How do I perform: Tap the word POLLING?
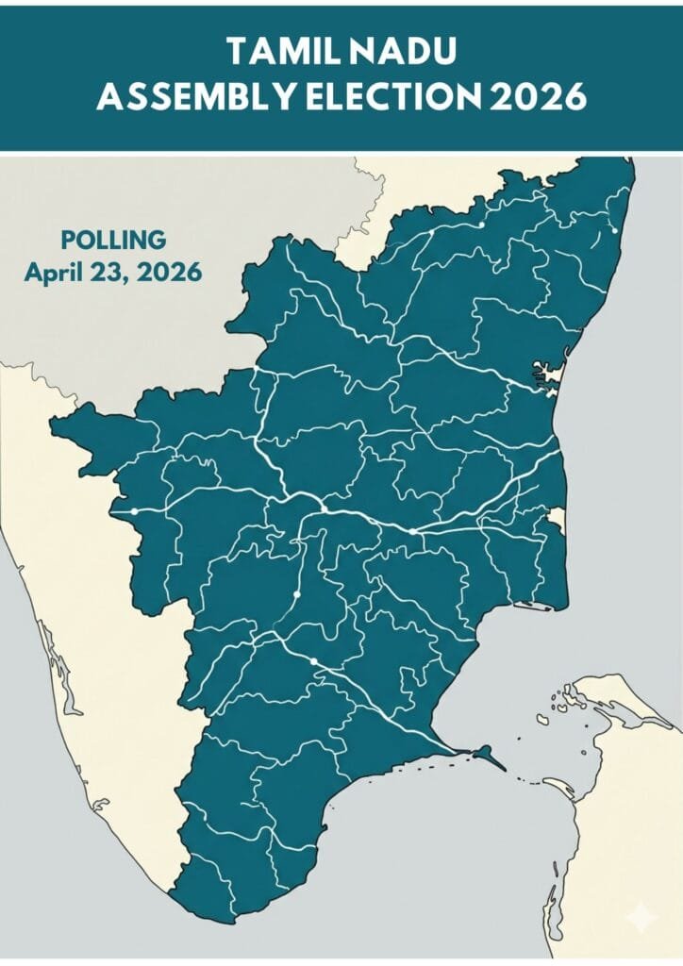pyautogui.click(x=112, y=240)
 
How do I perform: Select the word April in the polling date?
pyautogui.click(x=56, y=274)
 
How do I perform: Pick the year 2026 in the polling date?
pyautogui.click(x=169, y=274)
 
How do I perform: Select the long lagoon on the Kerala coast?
pyautogui.click(x=52, y=651)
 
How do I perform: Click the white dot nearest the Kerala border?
pyautogui.click(x=135, y=510)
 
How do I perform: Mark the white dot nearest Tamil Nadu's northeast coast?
pyautogui.click(x=614, y=229)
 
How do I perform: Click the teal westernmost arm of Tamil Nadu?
pyautogui.click(x=75, y=429)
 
